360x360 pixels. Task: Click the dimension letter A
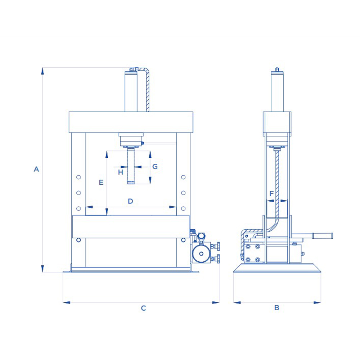[x=36, y=169]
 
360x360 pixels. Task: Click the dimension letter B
[x=277, y=308]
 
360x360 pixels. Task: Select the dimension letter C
[x=143, y=308]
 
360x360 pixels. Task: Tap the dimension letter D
[x=130, y=201]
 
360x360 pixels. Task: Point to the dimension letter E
[x=101, y=182]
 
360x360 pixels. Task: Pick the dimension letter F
[x=271, y=194]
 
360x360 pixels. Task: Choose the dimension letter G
[x=155, y=166]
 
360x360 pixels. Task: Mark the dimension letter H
[x=121, y=172]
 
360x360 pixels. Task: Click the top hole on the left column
[x=78, y=177]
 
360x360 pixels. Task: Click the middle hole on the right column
[x=183, y=193]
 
